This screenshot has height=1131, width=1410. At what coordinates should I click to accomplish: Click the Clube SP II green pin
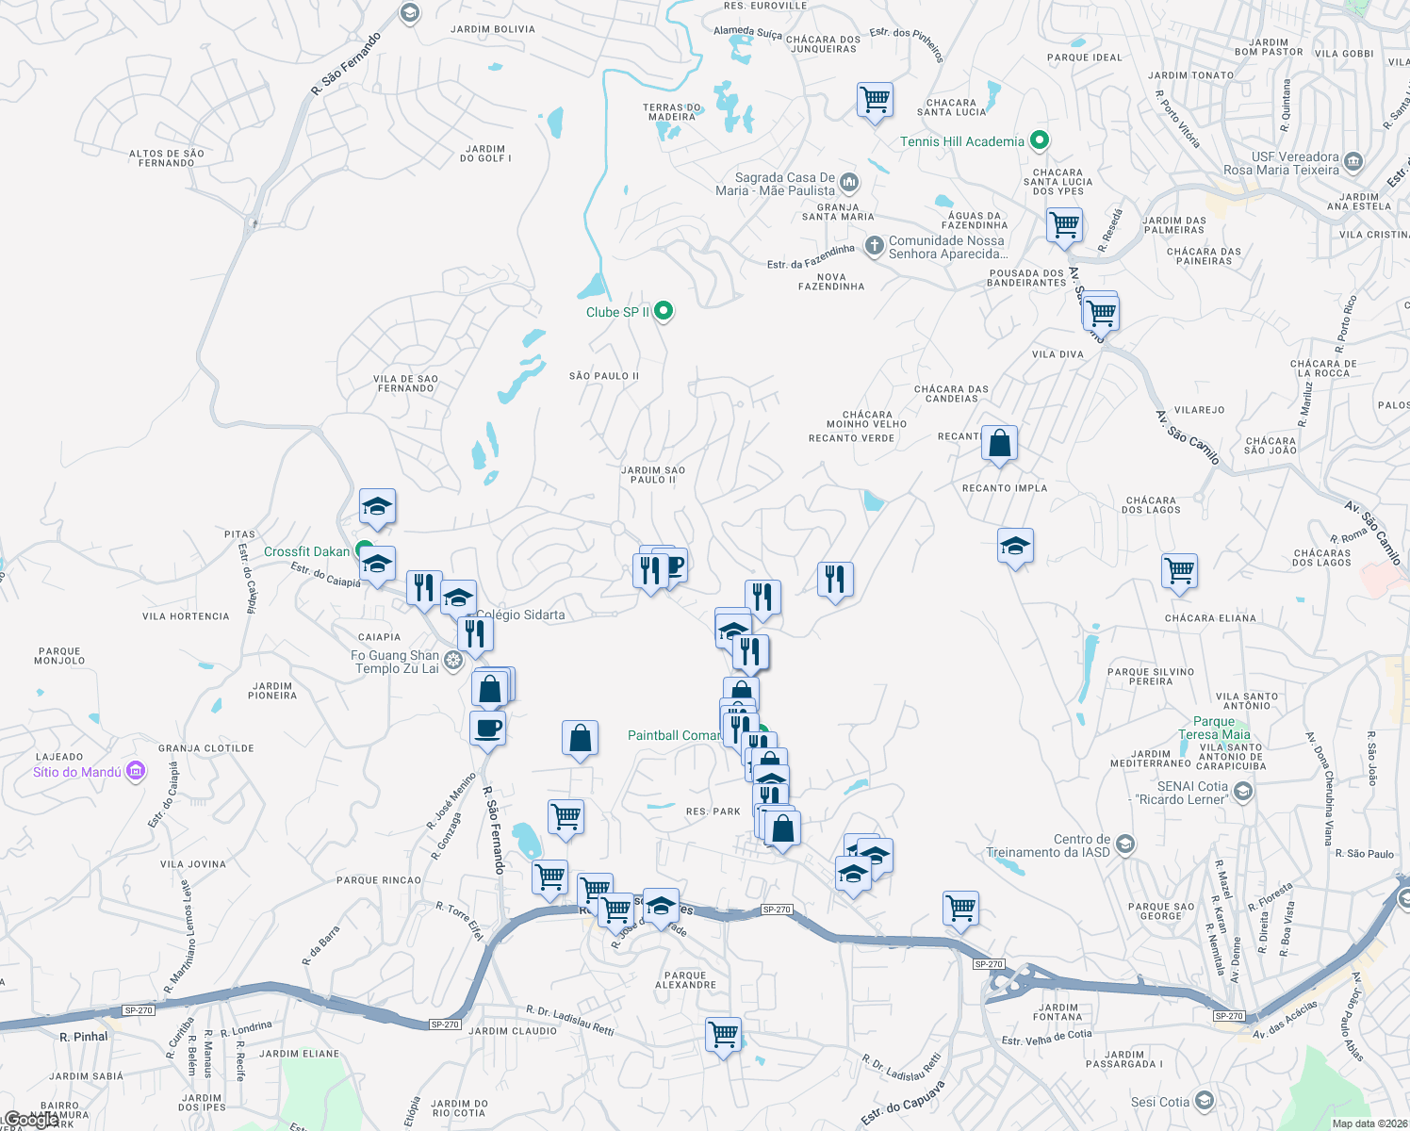point(664,310)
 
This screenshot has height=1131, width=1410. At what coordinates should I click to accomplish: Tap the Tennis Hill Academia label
point(961,141)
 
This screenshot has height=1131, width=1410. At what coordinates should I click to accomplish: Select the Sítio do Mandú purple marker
point(135,771)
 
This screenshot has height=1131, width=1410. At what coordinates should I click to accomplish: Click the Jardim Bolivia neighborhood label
point(492,29)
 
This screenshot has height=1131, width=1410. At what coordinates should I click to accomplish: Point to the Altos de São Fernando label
point(166,158)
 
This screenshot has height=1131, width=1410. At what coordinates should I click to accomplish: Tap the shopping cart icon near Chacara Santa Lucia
point(875,99)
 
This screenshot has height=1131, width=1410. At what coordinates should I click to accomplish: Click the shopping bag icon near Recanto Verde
point(999,442)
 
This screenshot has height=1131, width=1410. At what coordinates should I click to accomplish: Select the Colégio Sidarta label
point(520,615)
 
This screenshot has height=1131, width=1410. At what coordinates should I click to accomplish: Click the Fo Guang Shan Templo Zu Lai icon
point(453,660)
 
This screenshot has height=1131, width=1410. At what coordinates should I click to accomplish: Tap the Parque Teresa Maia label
point(1214,728)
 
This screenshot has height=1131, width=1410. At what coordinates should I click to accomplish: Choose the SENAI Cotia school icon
point(1242,792)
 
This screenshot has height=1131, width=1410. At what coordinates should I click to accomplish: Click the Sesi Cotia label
point(1160,1102)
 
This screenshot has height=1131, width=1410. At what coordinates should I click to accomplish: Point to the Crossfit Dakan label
point(306,551)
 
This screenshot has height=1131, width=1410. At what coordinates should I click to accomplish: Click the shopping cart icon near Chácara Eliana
point(1179,570)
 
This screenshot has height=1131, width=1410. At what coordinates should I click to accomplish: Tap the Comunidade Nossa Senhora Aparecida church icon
point(875,246)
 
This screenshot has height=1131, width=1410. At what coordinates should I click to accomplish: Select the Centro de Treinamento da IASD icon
point(1124,844)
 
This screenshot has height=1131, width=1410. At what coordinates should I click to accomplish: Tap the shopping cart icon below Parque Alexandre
point(723,1035)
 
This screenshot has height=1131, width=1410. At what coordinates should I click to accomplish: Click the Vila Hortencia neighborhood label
point(186,616)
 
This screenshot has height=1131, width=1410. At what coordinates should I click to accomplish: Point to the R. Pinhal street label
point(84,1037)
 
